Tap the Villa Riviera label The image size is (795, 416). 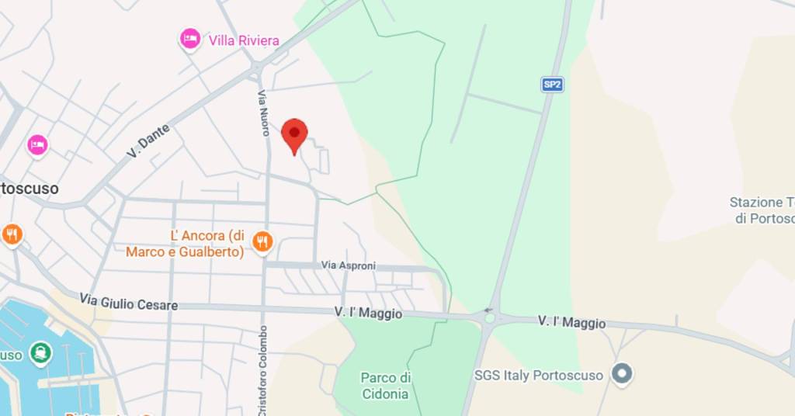coord(244,40)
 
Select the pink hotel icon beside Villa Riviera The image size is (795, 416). coord(189,37)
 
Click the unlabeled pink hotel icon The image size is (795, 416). coord(37,144)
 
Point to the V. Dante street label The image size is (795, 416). coord(148,141)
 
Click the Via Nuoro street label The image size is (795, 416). coord(265,112)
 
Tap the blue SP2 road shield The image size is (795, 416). coord(552,85)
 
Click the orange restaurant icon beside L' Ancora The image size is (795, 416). coord(263,242)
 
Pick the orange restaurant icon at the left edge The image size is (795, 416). coord(12,234)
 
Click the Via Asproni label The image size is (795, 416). coord(349,265)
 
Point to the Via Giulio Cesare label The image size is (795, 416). coord(128,302)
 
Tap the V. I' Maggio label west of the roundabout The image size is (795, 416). coord(368,314)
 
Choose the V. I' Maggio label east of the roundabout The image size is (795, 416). coord(572,323)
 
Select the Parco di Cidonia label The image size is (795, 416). coord(385,386)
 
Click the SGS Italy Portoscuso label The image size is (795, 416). coord(538,376)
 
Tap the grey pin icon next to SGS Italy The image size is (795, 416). coord(621,374)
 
